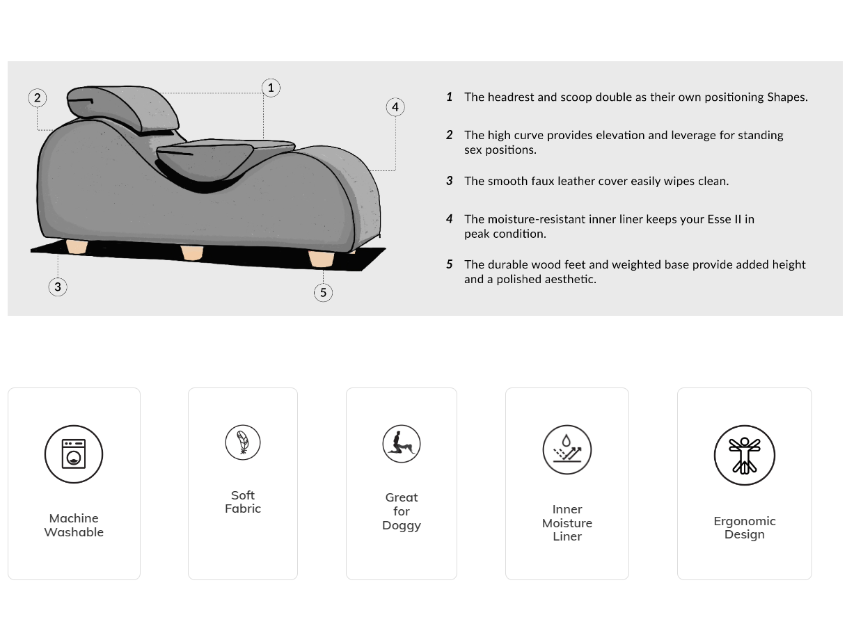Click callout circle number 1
(x=271, y=88)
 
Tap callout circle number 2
(x=38, y=98)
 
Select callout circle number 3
(x=58, y=286)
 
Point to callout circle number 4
(x=395, y=107)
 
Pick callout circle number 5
(x=323, y=292)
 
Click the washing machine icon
(x=74, y=454)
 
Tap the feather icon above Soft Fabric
(x=243, y=442)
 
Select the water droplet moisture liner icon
(x=567, y=449)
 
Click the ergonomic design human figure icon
(x=744, y=456)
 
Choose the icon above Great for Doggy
(x=402, y=443)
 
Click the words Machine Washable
(x=74, y=525)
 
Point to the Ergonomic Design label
(x=745, y=527)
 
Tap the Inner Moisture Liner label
(x=567, y=523)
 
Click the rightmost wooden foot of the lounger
(x=321, y=259)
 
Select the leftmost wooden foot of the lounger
(x=77, y=247)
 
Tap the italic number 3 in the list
(x=450, y=181)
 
